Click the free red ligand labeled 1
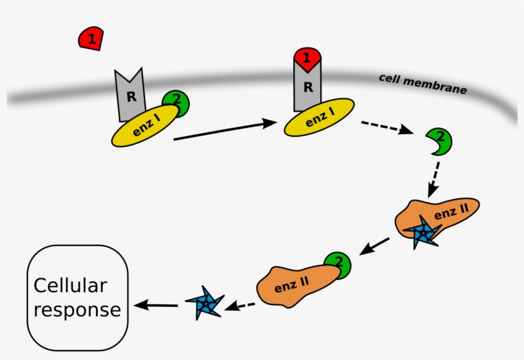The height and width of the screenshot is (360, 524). [91, 39]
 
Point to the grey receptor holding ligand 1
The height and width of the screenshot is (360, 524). [307, 86]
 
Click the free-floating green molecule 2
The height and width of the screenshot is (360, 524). [439, 141]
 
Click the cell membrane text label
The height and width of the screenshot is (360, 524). [422, 84]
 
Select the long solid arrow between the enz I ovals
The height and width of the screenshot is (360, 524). [224, 130]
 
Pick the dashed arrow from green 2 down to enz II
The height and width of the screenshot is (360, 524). [434, 178]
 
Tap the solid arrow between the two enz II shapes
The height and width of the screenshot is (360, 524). [374, 247]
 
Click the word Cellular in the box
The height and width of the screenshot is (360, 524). [70, 285]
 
